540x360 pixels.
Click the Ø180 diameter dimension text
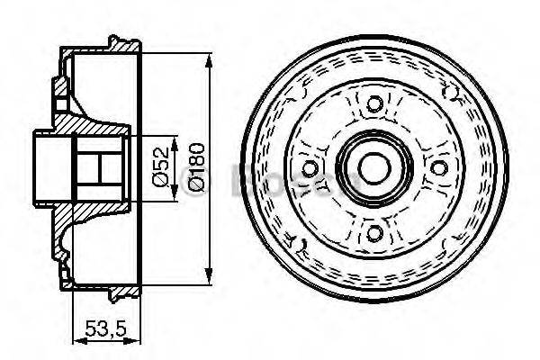click(194, 167)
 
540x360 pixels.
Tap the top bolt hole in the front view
click(371, 104)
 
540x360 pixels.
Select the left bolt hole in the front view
click(310, 169)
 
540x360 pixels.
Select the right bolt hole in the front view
click(438, 169)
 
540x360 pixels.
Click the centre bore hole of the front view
click(372, 169)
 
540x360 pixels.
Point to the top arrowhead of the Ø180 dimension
click(209, 59)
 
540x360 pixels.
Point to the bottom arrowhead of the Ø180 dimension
click(209, 279)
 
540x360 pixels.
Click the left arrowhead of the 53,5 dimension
click(75, 340)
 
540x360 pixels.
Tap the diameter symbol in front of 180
click(194, 184)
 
